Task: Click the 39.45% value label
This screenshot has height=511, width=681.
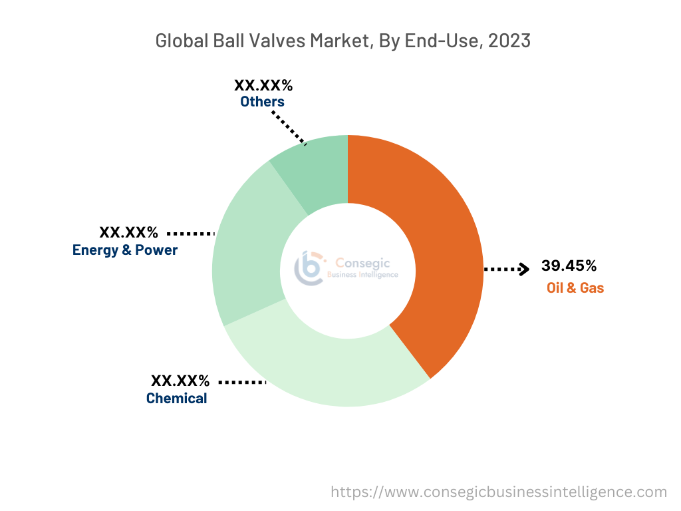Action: tap(569, 266)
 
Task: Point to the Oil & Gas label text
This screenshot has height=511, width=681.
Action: tap(575, 288)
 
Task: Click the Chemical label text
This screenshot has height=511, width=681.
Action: tap(176, 399)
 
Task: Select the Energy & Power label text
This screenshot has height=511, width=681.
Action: tap(125, 250)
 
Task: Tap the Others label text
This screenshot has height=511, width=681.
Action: tap(262, 102)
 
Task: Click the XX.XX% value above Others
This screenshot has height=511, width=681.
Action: tap(263, 85)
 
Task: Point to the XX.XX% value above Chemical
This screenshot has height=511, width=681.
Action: tap(180, 381)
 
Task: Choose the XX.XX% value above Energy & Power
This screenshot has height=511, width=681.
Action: tap(128, 233)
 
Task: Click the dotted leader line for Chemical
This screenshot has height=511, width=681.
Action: tap(242, 383)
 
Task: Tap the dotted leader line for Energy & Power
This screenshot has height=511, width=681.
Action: tap(190, 234)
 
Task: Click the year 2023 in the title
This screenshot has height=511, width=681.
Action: tap(509, 41)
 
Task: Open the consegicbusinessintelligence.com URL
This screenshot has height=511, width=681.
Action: tap(499, 492)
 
